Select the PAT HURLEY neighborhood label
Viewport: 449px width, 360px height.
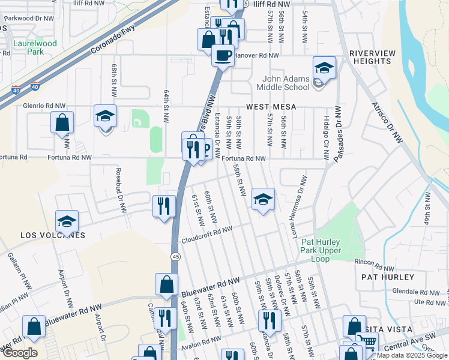coord(388,277)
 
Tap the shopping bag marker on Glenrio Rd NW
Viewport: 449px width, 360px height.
coord(62,123)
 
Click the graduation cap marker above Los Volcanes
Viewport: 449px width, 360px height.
coord(67,221)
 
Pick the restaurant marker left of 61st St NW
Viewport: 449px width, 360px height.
coord(164,206)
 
